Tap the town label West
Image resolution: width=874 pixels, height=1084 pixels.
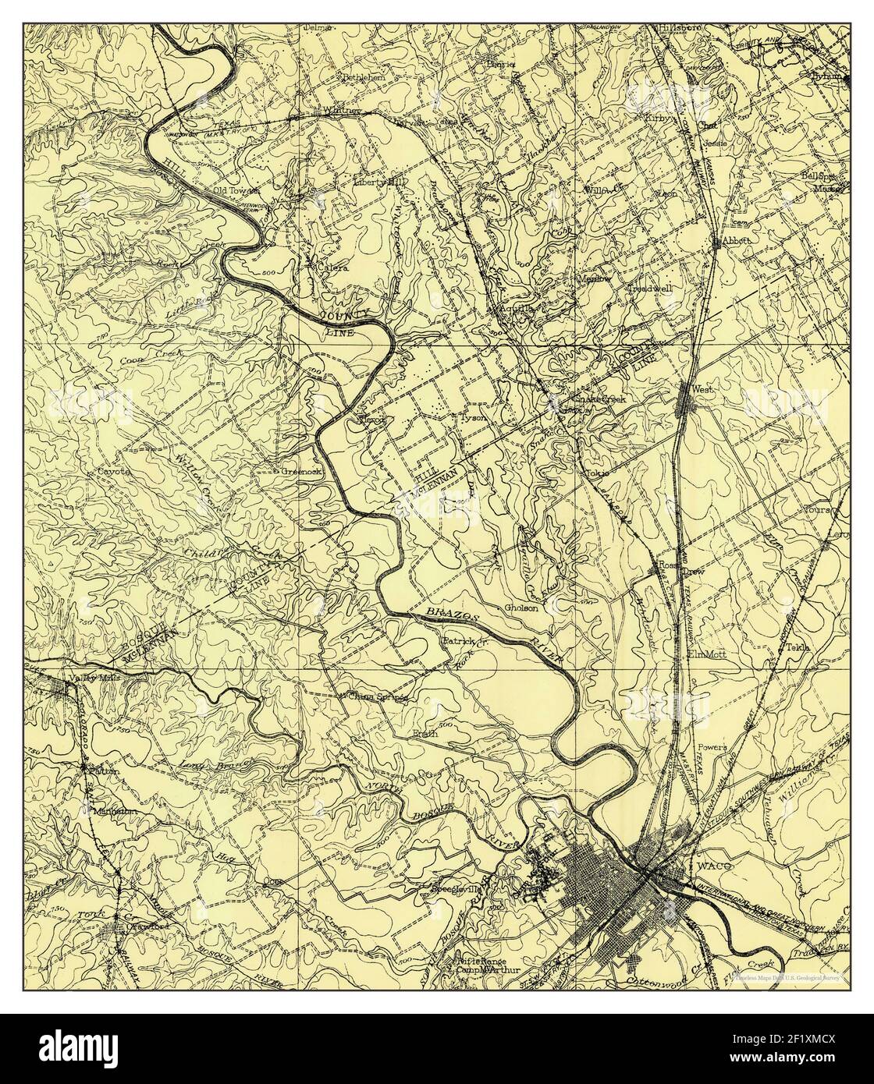coord(698,388)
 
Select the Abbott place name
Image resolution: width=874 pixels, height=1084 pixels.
coord(737,242)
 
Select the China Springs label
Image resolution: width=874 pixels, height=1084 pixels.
coord(378,696)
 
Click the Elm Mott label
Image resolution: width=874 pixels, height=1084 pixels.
coord(707,654)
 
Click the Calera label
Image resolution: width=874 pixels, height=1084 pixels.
coord(332,267)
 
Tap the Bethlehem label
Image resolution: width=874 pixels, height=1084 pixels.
coord(362,78)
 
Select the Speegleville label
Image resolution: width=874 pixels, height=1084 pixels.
coord(459,889)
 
